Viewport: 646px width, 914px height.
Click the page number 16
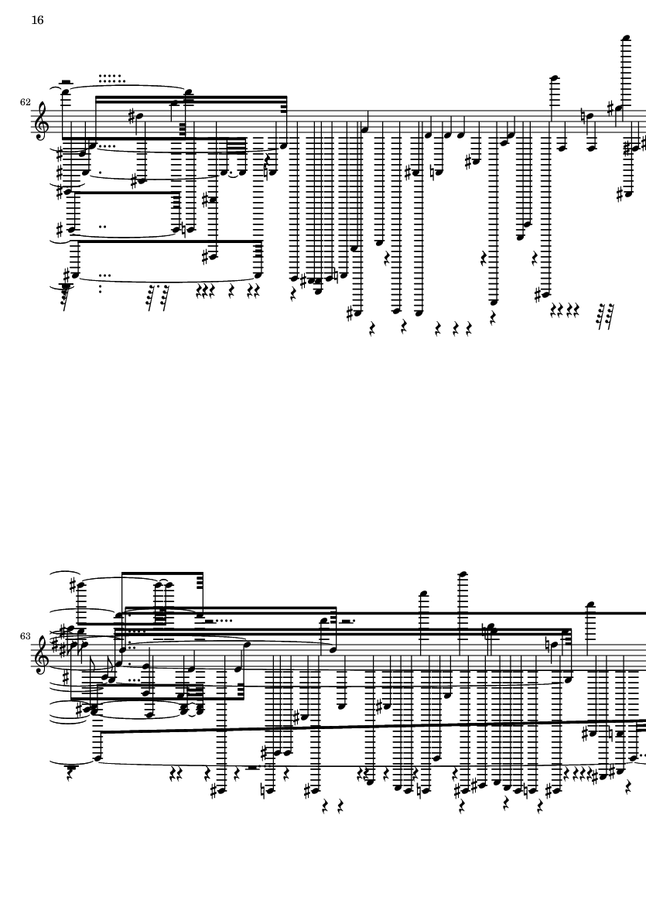37,20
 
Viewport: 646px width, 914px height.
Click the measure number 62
25,102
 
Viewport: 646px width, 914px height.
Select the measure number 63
25,636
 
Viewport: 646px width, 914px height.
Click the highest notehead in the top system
626,39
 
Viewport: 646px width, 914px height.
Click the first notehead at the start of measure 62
65,91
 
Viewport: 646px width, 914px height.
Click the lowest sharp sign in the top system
349,313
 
